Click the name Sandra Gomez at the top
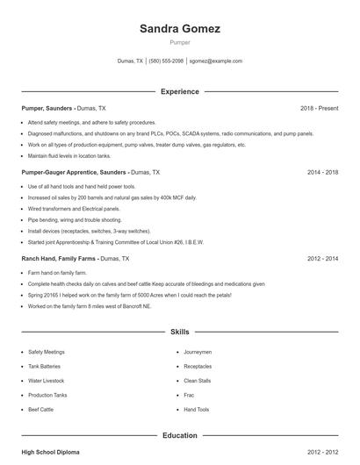coord(179,29)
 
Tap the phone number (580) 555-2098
coord(166,61)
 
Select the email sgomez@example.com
coord(216,61)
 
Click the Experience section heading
coord(179,91)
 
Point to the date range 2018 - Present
coord(319,108)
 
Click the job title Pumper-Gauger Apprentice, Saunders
coord(74,173)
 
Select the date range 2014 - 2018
coord(322,173)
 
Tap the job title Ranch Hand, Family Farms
coord(60,259)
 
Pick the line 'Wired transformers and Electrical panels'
coord(74,209)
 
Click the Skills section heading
coord(179,333)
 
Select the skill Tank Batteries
coord(46,366)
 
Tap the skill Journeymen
coord(198,352)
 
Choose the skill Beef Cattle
coord(41,409)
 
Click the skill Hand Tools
coord(196,409)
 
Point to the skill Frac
coord(189,395)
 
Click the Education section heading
coord(179,435)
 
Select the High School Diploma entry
coord(50,452)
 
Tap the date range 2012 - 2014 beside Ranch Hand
coord(322,259)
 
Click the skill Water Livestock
coord(47,381)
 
